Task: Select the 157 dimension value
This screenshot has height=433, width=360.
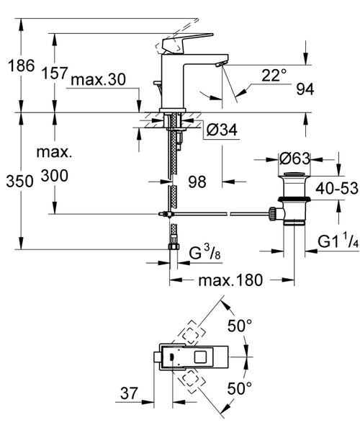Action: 55,73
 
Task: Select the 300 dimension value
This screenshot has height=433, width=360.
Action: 55,175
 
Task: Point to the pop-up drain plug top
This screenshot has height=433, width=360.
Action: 293,175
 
